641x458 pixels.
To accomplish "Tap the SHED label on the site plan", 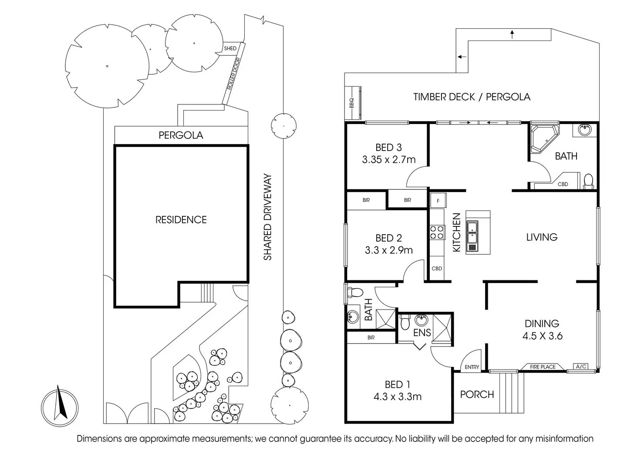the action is pos(230,48).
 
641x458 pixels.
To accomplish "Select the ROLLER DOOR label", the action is pos(233,74).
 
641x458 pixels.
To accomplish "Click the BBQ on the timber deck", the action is pos(352,103).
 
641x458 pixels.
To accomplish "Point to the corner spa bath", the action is pos(544,139).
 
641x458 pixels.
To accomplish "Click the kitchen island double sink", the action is pos(472,236).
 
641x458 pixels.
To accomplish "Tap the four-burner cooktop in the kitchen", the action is pos(437,232).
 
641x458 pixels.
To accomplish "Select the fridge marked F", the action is pos(438,201).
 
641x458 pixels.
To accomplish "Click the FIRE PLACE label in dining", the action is pos(543,367).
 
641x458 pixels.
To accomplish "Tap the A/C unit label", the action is pos(581,367).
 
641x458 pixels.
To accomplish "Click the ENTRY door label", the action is pos(472,367).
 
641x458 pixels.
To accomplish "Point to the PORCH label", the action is pos(477,394).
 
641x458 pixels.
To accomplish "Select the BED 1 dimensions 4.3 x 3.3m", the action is pos(398,397).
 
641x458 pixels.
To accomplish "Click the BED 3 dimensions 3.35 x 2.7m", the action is pos(388,159).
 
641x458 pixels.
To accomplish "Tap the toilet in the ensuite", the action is pos(405,322).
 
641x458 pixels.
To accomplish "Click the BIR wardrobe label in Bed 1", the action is pos(371,337).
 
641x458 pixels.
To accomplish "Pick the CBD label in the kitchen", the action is pos(437,269).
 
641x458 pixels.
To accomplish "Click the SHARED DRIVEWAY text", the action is pos(267,217).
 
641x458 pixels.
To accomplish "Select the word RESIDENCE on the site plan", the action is pos(181,220).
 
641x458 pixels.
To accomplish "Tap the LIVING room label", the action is pos(542,237).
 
